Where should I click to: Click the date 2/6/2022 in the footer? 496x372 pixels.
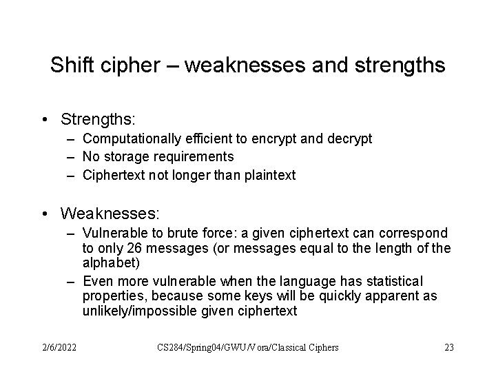point(58,347)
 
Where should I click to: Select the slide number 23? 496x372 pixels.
point(448,347)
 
